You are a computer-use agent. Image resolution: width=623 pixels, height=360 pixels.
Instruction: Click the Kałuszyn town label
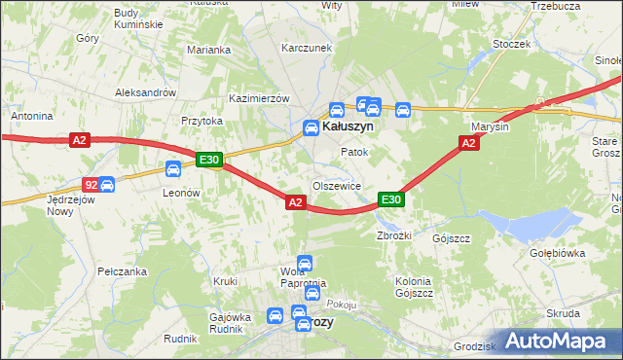coord(351,126)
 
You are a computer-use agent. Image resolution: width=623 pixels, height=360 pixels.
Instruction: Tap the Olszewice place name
coord(337,186)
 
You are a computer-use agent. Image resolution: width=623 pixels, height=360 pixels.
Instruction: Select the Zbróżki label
coord(395,236)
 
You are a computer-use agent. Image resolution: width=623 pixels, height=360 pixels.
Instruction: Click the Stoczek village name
coord(511,44)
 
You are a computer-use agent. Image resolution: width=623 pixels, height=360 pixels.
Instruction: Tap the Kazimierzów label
coord(260,99)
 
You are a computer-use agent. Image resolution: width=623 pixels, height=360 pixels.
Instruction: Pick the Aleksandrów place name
coord(144,92)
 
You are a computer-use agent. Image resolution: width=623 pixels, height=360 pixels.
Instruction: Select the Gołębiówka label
coord(557,253)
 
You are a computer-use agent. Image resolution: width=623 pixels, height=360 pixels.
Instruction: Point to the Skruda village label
coord(564,313)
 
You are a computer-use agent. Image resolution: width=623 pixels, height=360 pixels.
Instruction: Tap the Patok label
coord(353,153)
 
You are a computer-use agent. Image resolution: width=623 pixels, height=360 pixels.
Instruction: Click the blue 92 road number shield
coord(90,184)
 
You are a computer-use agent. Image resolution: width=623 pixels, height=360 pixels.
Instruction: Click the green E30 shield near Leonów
coord(209,160)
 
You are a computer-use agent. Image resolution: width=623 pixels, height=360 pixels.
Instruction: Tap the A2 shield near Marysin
coord(468,143)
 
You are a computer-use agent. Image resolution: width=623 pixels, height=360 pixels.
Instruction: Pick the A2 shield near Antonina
coord(80,141)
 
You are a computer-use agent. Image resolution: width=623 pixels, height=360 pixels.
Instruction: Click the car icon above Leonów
coord(172,169)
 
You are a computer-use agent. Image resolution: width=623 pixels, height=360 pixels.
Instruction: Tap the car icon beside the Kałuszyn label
coord(311,127)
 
